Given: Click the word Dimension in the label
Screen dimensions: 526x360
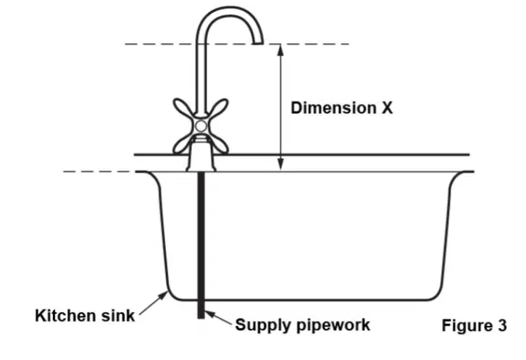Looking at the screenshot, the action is pyautogui.click(x=333, y=108).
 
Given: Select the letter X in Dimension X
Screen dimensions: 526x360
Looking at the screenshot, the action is pyautogui.click(x=386, y=108).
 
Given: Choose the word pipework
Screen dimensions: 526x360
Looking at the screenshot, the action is pyautogui.click(x=330, y=325).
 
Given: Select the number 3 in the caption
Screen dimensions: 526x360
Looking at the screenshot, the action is pyautogui.click(x=502, y=325).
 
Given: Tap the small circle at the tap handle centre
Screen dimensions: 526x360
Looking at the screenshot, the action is pyautogui.click(x=201, y=126).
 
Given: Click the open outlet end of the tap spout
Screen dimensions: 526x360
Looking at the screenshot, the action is pyautogui.click(x=258, y=43).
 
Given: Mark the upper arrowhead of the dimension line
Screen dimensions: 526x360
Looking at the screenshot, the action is pyautogui.click(x=281, y=50).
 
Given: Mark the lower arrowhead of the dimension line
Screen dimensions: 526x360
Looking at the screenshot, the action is pyautogui.click(x=281, y=165).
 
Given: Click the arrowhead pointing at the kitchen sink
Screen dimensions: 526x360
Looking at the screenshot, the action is pyautogui.click(x=163, y=296).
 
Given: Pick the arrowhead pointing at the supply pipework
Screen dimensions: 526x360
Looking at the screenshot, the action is pyautogui.click(x=210, y=314).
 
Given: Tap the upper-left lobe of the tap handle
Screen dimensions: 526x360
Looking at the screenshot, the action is pyautogui.click(x=183, y=107).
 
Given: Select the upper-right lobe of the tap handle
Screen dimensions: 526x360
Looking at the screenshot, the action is pyautogui.click(x=218, y=107).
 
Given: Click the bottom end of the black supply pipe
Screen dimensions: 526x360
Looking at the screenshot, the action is pyautogui.click(x=201, y=317).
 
